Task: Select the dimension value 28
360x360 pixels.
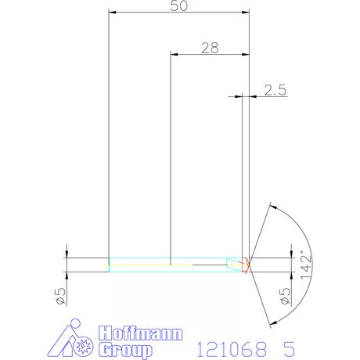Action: pyautogui.click(x=209, y=47)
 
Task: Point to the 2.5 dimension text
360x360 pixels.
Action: pyautogui.click(x=275, y=90)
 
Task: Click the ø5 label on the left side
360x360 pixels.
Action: pyautogui.click(x=59, y=295)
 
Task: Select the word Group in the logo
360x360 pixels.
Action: pyautogui.click(x=126, y=347)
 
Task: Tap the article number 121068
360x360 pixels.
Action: pyautogui.click(x=228, y=346)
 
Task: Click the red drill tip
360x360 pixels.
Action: pyautogui.click(x=247, y=265)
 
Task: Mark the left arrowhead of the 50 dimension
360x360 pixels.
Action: pyautogui.click(x=113, y=13)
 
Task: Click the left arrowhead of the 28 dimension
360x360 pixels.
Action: pyautogui.click(x=174, y=53)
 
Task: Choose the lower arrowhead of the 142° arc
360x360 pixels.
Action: pyautogui.click(x=272, y=322)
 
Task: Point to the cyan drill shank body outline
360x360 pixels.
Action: pyautogui.click(x=157, y=259)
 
